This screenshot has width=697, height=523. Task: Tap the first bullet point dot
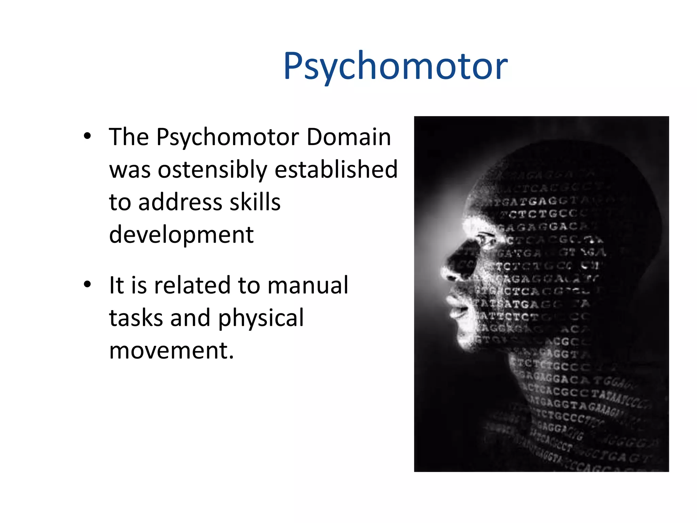(x=87, y=136)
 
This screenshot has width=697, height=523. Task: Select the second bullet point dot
(x=87, y=284)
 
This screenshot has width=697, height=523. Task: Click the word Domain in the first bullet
(x=348, y=137)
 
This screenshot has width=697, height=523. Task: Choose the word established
(x=336, y=169)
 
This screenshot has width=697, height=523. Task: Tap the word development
(x=181, y=235)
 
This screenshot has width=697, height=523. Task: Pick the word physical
(x=261, y=318)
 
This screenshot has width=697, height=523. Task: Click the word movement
(x=171, y=350)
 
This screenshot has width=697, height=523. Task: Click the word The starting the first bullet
(x=129, y=137)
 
